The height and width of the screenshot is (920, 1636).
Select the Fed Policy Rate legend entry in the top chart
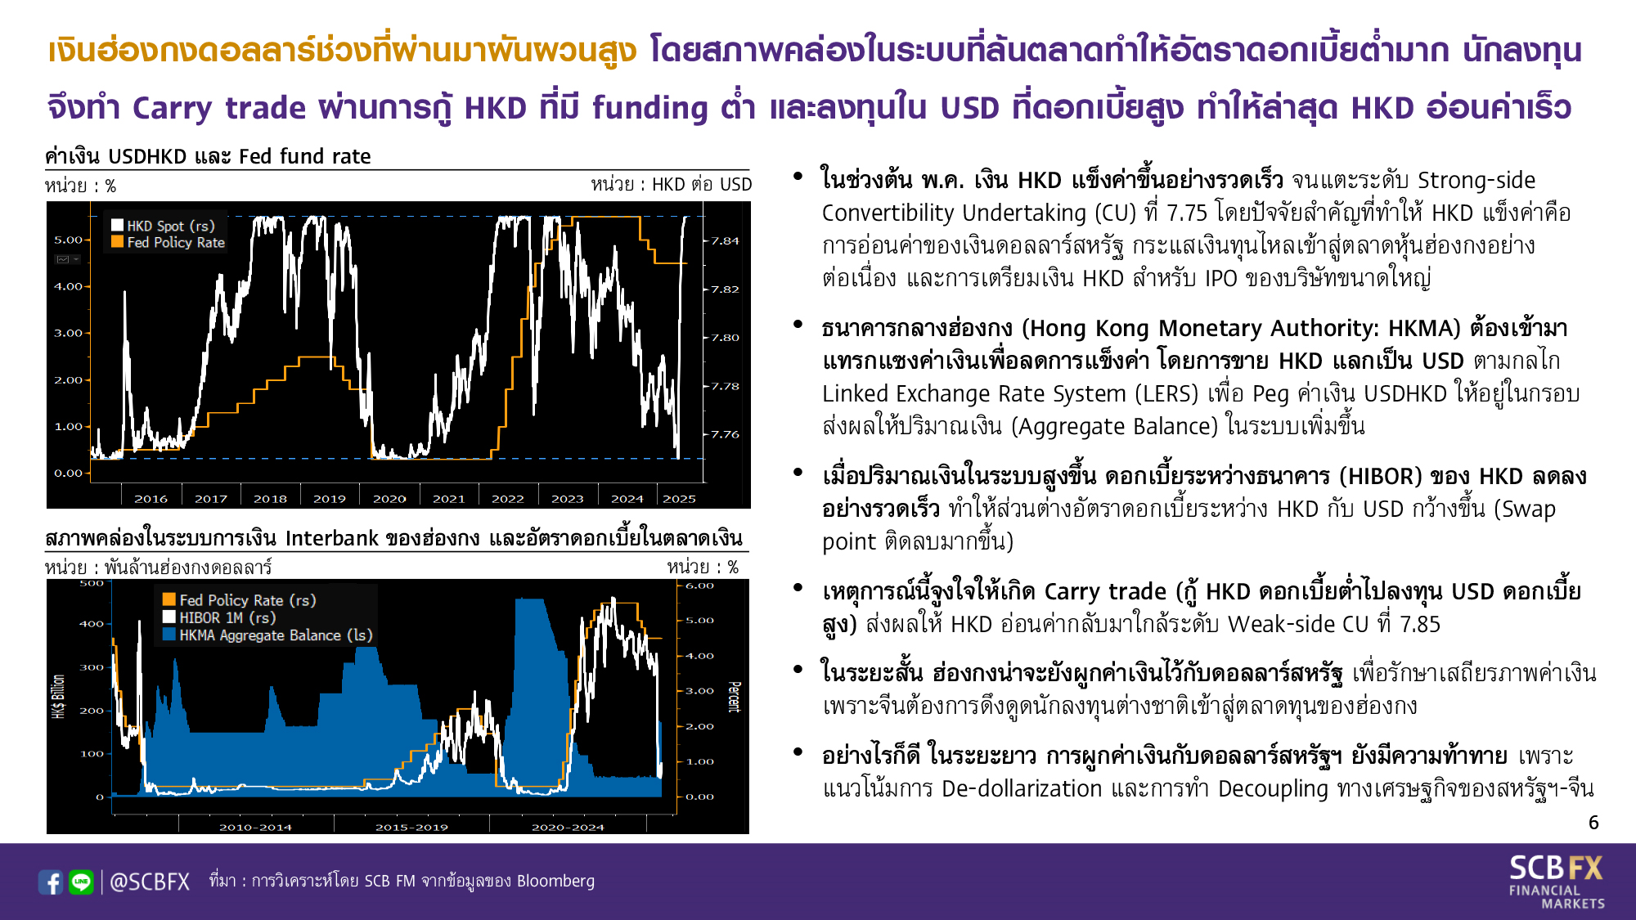click(x=169, y=242)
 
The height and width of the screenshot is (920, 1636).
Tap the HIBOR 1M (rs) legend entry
click(x=219, y=617)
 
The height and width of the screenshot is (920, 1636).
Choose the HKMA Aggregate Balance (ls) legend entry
click(x=267, y=635)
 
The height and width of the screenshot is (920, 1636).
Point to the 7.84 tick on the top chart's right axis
click(x=725, y=241)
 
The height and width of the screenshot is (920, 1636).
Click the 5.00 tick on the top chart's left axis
click(x=69, y=240)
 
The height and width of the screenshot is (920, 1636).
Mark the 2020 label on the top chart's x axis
click(x=389, y=499)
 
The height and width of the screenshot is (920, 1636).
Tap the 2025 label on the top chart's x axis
click(x=679, y=499)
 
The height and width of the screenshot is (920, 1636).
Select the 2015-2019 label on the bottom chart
click(x=411, y=827)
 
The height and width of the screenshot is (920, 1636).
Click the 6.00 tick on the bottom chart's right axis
click(x=699, y=586)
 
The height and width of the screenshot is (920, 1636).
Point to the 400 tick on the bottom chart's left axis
click(x=92, y=624)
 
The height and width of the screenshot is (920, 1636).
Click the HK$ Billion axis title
click(x=58, y=697)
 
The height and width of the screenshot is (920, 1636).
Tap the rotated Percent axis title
click(x=734, y=697)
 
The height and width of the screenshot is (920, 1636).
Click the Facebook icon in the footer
click(x=51, y=882)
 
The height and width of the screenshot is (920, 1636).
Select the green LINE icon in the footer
click(x=81, y=882)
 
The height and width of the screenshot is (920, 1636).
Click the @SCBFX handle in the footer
click(x=150, y=882)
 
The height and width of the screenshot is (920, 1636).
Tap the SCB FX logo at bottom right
click(x=1557, y=882)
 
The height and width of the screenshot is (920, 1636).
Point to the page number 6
click(x=1593, y=823)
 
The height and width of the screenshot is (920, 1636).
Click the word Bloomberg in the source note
click(x=555, y=881)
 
